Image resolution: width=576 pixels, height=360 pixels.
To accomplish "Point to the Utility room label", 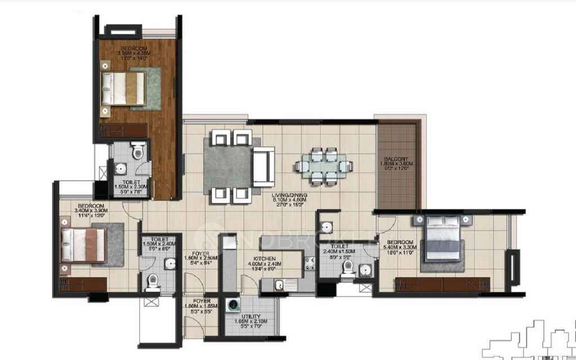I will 251,318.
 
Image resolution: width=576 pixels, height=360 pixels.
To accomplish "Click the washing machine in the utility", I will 232,307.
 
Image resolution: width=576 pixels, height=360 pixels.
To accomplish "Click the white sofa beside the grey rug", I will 262,167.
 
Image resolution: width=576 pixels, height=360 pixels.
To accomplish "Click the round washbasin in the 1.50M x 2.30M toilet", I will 120,169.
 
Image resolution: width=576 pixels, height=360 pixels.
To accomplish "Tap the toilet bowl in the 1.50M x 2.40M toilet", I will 152,282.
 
